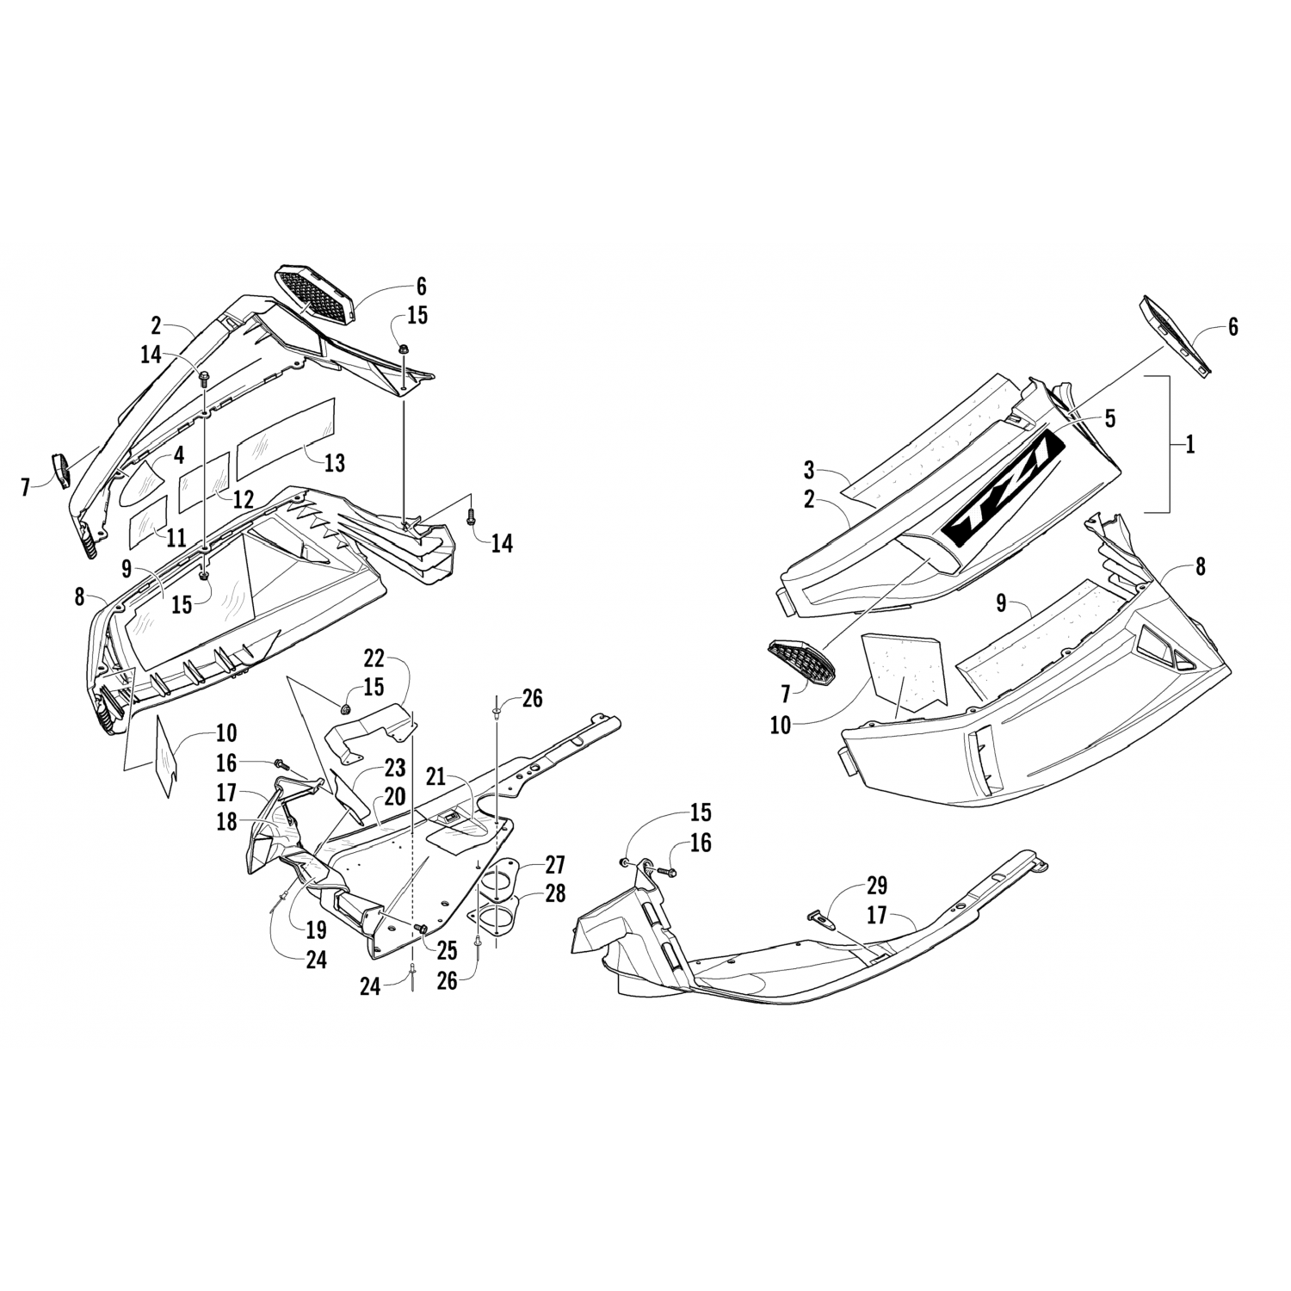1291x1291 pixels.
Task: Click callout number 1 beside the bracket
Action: pos(1190,445)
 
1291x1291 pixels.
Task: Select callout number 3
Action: pos(808,470)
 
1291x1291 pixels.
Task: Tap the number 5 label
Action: pos(1109,419)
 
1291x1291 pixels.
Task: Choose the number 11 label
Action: pos(176,539)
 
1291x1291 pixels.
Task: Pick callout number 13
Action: pos(334,463)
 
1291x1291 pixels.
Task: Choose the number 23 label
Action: pos(394,768)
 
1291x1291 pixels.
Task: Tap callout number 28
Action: pos(555,893)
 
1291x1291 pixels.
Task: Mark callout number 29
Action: pos(876,886)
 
